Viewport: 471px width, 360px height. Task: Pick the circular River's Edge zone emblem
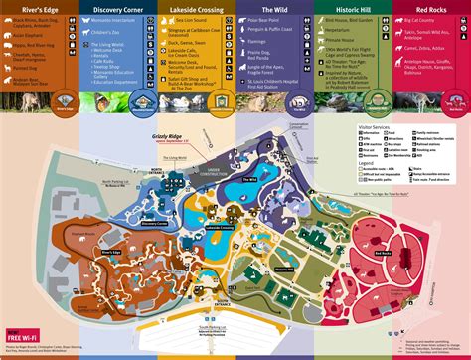click(x=39, y=102)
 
